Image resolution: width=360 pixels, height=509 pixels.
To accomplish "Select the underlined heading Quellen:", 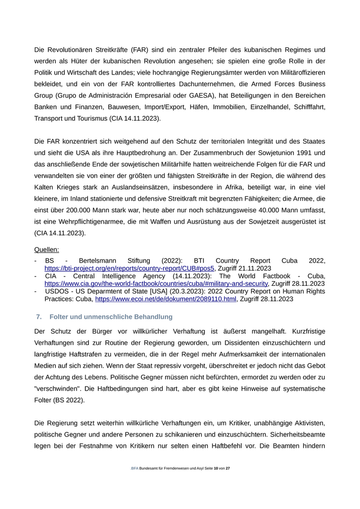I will click(x=47, y=249).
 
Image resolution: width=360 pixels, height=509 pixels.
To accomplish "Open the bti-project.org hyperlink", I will click(x=129, y=268).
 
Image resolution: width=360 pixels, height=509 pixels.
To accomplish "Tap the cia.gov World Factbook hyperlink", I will click(x=156, y=283).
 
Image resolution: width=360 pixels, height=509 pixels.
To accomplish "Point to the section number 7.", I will click(x=39, y=316).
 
